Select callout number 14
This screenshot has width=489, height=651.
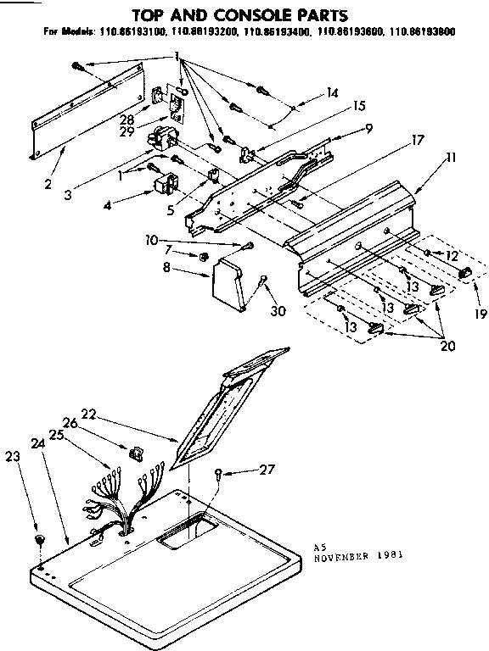pyautogui.click(x=332, y=93)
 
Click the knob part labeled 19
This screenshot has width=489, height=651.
pyautogui.click(x=464, y=272)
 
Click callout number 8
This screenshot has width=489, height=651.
pyautogui.click(x=166, y=268)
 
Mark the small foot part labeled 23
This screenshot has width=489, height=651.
pyautogui.click(x=39, y=540)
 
